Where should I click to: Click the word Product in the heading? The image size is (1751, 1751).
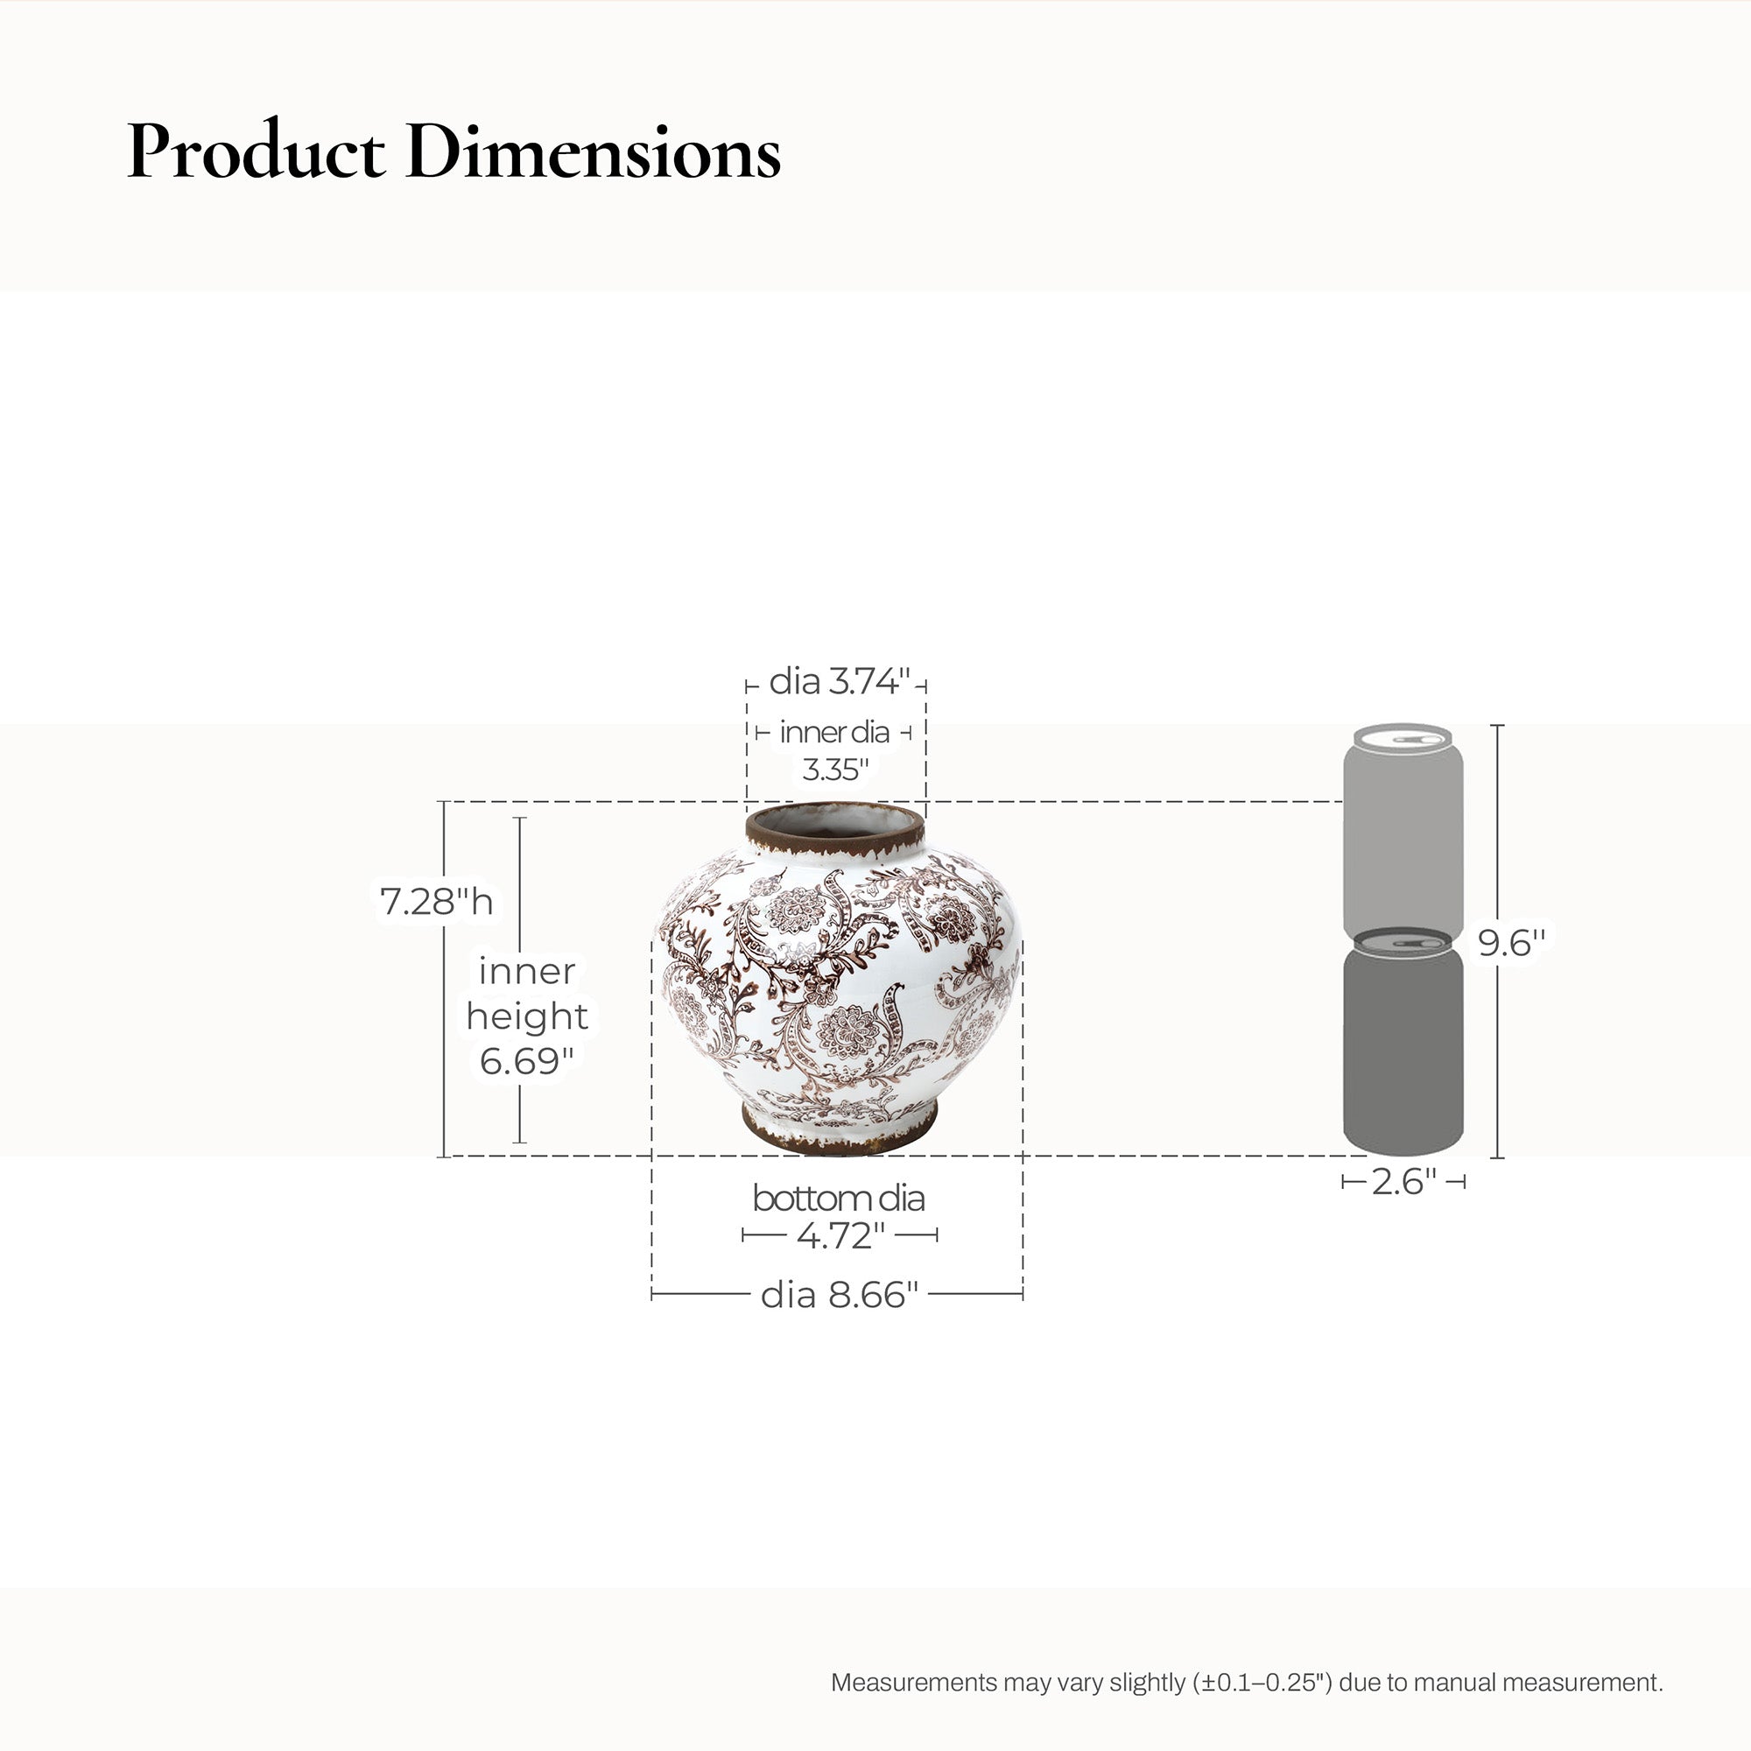point(256,151)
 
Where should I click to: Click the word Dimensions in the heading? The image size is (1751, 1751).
point(594,151)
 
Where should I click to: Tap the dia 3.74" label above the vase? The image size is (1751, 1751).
point(839,680)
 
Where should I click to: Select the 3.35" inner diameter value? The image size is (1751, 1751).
point(834,769)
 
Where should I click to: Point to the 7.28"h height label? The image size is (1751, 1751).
point(436,901)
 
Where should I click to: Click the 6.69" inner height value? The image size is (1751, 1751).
point(525,1060)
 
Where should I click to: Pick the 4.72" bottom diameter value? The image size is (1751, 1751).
point(840,1234)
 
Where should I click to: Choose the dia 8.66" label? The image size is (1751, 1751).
point(840,1295)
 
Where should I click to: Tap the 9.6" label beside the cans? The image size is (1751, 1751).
point(1511,943)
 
